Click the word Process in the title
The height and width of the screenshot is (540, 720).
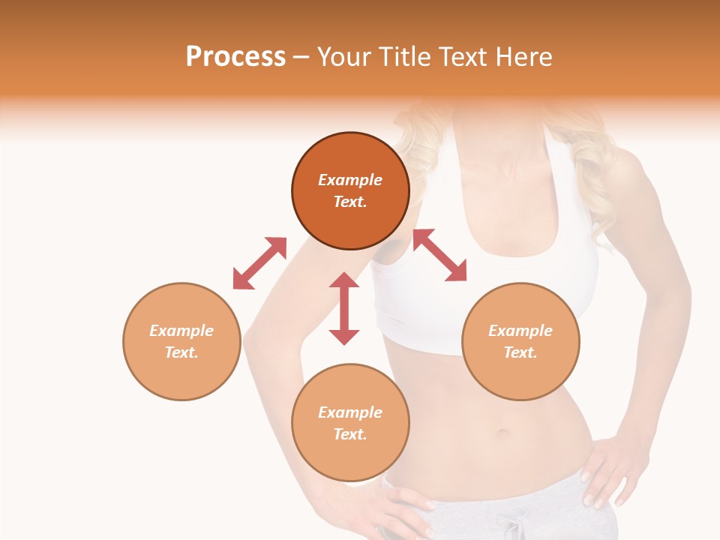coord(235,57)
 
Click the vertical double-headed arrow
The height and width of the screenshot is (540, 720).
coord(344,308)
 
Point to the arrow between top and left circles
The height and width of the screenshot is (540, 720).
coord(259,263)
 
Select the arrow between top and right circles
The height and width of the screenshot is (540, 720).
coord(439,256)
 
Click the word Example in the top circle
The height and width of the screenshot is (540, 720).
coord(350,180)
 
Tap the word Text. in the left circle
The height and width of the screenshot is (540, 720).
coord(181,352)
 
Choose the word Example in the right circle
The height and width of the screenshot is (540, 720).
coord(520,331)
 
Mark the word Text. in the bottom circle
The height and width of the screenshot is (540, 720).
coord(350,434)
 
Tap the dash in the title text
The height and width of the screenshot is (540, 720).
coord(301,58)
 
